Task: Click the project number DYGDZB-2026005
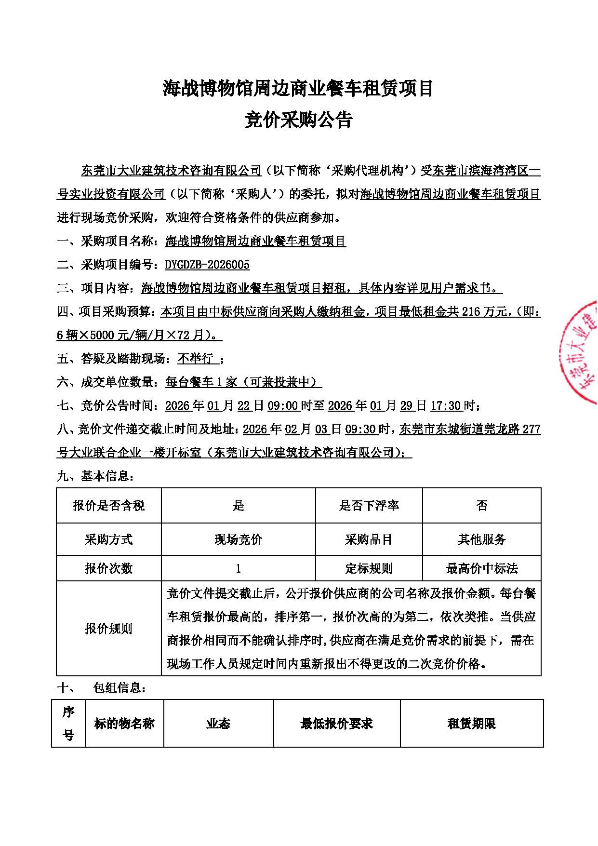[207, 265]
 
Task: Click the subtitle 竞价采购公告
[298, 121]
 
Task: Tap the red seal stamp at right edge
[581, 352]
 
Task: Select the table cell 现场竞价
[238, 539]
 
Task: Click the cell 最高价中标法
[481, 569]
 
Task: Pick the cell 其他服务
[481, 539]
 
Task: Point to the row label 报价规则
[108, 629]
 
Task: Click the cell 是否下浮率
[369, 506]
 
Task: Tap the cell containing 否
[481, 506]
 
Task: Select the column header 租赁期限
[471, 724]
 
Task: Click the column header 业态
[218, 724]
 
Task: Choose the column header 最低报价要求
[336, 724]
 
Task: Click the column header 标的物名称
[124, 724]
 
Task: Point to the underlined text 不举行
[195, 359]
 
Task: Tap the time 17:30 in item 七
[445, 406]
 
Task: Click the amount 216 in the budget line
[471, 312]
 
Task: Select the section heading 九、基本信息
[95, 476]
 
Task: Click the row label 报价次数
[108, 569]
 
